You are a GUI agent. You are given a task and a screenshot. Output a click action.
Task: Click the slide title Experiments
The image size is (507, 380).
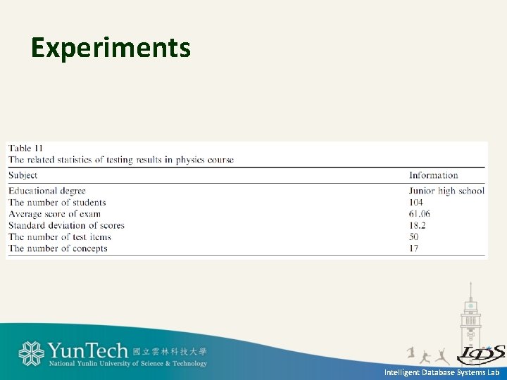[111, 48]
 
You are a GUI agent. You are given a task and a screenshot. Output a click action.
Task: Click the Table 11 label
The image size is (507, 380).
[25, 148]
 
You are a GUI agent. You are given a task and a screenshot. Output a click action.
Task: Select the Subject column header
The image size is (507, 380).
[23, 175]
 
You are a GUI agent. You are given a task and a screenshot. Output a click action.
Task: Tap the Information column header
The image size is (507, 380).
[433, 175]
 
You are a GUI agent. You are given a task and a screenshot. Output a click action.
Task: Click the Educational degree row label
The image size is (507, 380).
[47, 191]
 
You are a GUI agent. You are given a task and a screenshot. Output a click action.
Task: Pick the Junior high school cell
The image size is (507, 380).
[446, 191]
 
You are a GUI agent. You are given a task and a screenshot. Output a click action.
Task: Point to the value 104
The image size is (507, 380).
[415, 203]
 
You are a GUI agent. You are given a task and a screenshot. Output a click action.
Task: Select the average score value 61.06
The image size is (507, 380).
[419, 214]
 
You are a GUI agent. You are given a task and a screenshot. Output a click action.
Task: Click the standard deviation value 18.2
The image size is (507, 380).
[417, 225]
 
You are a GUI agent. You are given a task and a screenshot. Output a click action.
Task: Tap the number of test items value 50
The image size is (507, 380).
[413, 236]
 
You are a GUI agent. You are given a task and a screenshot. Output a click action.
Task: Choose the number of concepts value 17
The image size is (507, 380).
[413, 248]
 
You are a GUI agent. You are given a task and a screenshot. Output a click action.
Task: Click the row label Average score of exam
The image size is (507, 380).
[54, 214]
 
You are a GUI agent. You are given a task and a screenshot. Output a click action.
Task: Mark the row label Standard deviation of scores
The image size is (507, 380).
[66, 225]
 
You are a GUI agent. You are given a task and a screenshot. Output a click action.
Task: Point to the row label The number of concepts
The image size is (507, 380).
[58, 248]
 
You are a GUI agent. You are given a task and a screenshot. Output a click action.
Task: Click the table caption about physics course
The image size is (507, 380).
[121, 160]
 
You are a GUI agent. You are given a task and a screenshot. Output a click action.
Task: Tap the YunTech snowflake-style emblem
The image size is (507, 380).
[31, 353]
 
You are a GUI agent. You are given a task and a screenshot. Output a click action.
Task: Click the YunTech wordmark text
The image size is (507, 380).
[87, 350]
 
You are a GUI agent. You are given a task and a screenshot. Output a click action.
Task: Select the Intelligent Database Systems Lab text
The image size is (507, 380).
[442, 372]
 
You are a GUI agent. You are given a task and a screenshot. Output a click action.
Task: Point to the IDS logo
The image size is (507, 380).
[480, 353]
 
